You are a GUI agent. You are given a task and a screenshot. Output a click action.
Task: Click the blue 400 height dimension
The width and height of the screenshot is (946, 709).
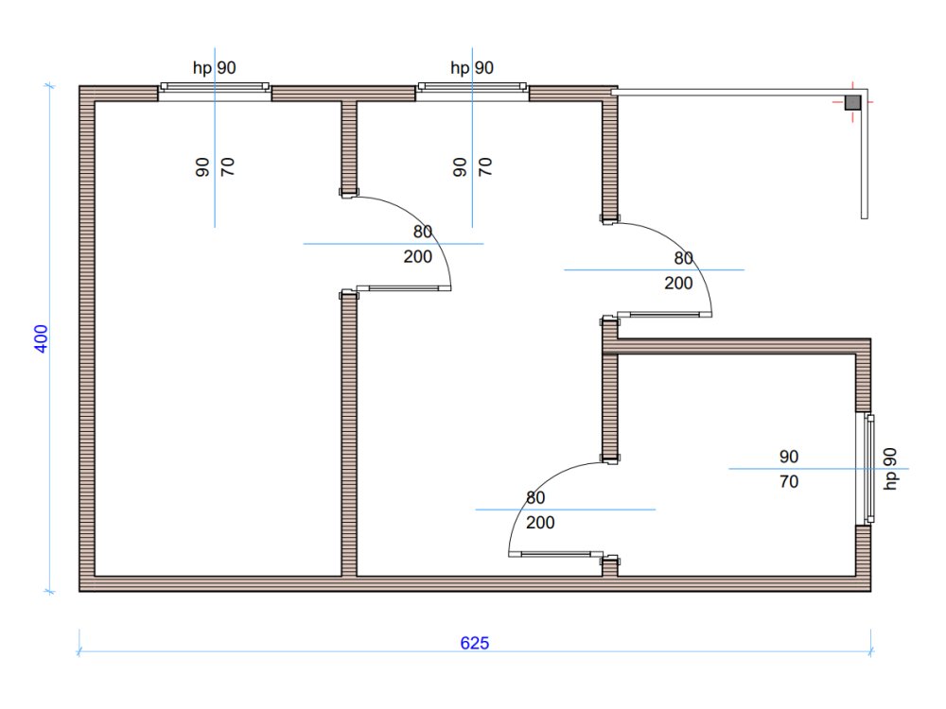(x=41, y=338)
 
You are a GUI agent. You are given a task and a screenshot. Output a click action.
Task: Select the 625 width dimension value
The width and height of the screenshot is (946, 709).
(x=475, y=643)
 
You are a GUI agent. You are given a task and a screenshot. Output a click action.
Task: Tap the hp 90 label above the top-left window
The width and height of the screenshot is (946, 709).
(x=214, y=67)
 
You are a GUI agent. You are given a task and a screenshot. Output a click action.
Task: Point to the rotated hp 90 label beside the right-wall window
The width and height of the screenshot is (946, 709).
(x=890, y=469)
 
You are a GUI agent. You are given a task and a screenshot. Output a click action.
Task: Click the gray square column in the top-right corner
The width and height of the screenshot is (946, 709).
(x=852, y=102)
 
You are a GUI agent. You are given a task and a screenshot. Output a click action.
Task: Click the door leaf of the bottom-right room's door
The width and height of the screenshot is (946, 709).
(x=555, y=554)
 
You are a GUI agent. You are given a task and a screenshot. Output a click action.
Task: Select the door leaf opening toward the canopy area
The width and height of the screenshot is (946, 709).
(x=664, y=314)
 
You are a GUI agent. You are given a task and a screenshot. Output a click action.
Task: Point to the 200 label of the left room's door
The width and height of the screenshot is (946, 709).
(x=417, y=257)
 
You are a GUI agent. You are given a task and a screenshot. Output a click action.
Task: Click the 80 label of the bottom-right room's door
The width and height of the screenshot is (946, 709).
(x=535, y=497)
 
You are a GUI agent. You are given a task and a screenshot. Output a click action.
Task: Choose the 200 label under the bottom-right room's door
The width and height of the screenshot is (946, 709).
(x=540, y=523)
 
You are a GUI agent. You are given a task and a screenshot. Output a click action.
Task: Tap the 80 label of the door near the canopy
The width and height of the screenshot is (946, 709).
(x=684, y=258)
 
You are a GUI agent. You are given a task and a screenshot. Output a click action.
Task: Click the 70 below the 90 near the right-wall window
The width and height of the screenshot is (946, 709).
(x=789, y=482)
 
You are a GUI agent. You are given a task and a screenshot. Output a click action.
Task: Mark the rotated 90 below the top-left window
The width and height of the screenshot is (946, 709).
(x=202, y=167)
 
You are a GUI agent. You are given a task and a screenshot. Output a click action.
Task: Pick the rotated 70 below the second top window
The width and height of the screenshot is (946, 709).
(x=485, y=167)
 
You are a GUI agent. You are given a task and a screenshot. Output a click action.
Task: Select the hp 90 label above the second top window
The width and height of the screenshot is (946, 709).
(x=472, y=67)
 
